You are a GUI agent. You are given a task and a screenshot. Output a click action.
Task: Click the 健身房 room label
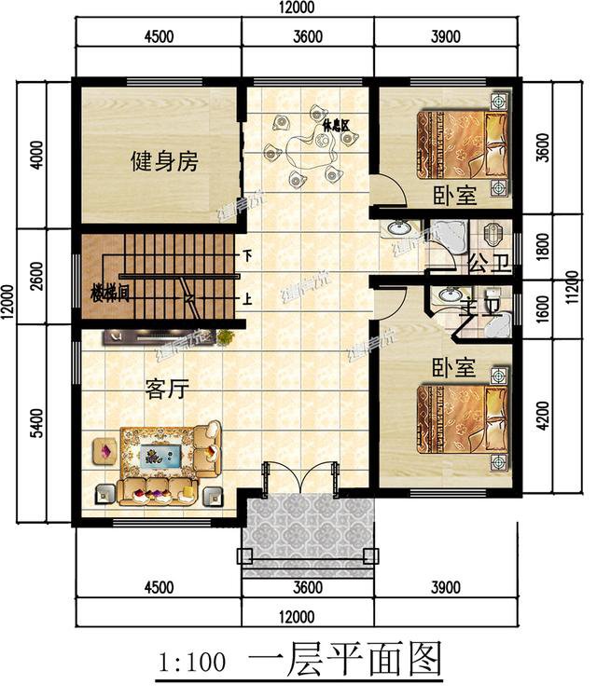(x=164, y=162)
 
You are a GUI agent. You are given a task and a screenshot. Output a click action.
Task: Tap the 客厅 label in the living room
(x=167, y=390)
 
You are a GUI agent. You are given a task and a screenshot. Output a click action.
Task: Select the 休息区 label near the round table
(x=335, y=123)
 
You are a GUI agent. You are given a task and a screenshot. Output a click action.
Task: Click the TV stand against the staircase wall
(x=160, y=335)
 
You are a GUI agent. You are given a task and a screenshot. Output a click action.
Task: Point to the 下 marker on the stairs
(x=247, y=254)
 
